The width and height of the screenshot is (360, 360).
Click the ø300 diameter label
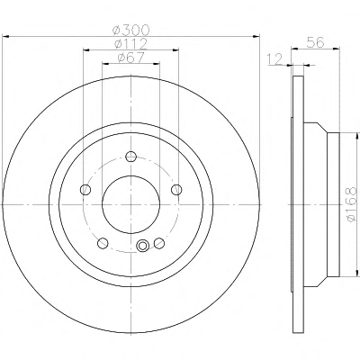[x=130, y=30]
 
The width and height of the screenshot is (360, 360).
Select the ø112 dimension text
[x=130, y=44]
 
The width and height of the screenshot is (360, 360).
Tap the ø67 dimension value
[x=130, y=58]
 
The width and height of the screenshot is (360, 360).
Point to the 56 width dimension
[x=315, y=42]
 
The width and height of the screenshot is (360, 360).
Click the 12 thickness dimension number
[x=274, y=58]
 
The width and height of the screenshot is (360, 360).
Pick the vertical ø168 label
[x=350, y=204]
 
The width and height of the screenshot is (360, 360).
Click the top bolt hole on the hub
[x=131, y=157]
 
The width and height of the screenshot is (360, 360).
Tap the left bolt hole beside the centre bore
[x=85, y=189]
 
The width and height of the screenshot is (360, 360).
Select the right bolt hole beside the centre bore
[x=176, y=189]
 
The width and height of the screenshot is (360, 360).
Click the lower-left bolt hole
[x=103, y=243]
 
